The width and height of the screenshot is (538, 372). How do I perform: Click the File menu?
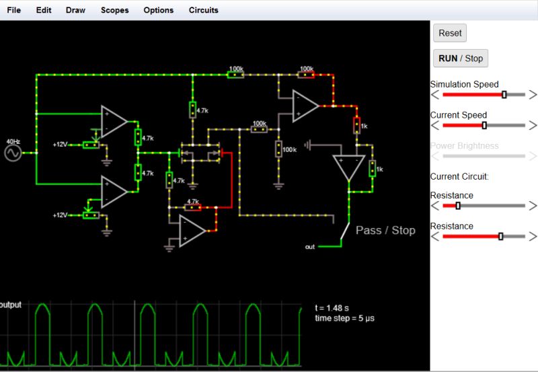click(x=13, y=10)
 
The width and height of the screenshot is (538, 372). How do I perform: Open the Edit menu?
click(x=44, y=10)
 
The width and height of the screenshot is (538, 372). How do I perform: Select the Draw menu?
click(x=75, y=10)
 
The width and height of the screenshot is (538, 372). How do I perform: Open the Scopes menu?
click(x=114, y=10)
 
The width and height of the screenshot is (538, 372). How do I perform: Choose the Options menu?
click(x=158, y=10)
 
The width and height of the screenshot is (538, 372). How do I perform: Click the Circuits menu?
click(x=203, y=10)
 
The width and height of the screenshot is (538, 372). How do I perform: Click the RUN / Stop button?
click(x=461, y=59)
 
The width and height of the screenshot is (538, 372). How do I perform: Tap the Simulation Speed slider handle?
click(x=504, y=95)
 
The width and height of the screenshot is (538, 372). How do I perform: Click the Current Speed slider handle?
click(x=484, y=126)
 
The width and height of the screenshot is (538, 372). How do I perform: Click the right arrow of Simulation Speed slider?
click(x=533, y=95)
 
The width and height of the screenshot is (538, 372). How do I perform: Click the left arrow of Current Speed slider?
click(x=435, y=126)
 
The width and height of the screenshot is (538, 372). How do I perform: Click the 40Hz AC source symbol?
click(x=13, y=153)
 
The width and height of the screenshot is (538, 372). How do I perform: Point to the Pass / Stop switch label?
click(x=385, y=230)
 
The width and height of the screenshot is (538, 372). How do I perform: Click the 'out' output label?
click(x=309, y=247)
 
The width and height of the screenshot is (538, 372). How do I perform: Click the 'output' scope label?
click(x=11, y=305)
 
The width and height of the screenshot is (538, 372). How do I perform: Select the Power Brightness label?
click(x=464, y=145)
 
